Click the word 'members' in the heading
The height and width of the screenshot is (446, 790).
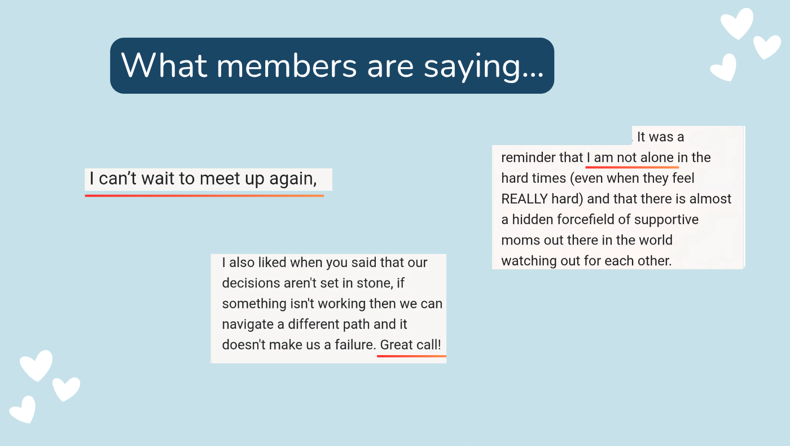point(287,66)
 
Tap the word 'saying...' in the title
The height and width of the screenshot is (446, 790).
point(483,67)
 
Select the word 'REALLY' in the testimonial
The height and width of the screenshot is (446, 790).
point(524,199)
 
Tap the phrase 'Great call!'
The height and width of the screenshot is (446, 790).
point(411,345)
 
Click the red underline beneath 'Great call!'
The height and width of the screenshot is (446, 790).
point(411,356)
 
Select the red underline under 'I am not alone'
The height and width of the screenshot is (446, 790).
point(632,167)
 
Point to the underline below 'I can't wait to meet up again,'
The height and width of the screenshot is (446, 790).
point(204,195)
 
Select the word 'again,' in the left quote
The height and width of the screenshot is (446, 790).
point(293,179)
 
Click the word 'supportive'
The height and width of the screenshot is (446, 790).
point(666,220)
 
